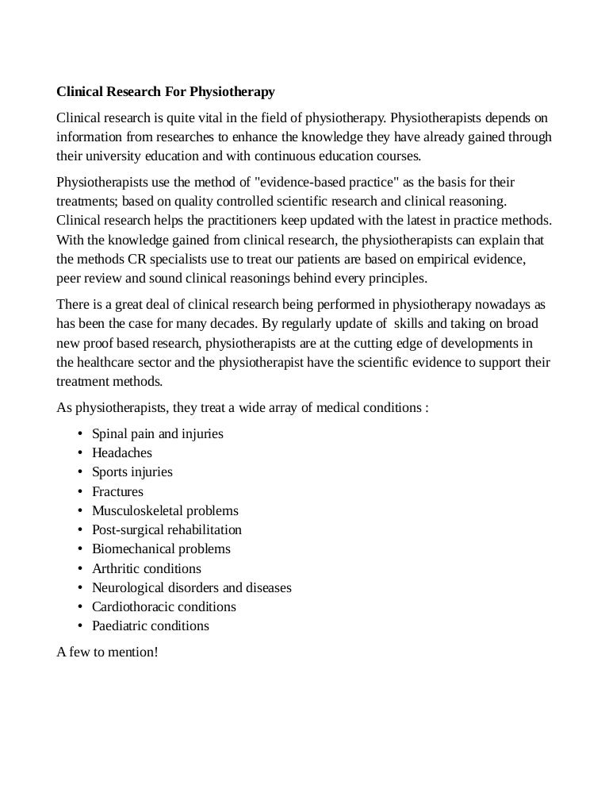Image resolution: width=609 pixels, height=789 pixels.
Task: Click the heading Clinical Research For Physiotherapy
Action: pyautogui.click(x=166, y=92)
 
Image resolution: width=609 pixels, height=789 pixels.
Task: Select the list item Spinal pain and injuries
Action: pyautogui.click(x=158, y=433)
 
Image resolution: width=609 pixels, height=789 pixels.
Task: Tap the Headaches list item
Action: pyautogui.click(x=122, y=452)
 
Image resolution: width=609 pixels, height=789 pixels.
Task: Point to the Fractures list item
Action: pyautogui.click(x=117, y=491)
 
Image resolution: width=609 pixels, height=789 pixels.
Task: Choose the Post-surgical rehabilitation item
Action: pyautogui.click(x=167, y=529)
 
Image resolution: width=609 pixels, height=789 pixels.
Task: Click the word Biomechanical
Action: pyautogui.click(x=132, y=548)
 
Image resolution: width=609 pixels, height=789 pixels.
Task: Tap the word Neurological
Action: pyautogui.click(x=128, y=587)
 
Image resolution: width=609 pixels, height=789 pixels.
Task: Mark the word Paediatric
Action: pyautogui.click(x=120, y=625)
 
